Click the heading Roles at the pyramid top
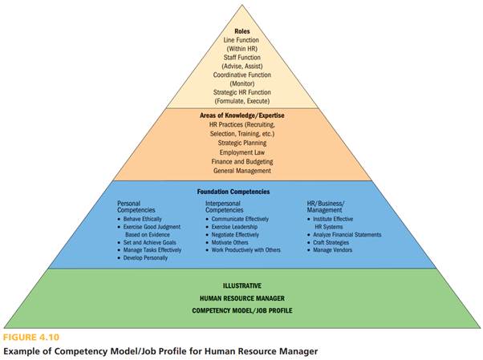tap(241, 31)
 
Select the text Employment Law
tap(241, 152)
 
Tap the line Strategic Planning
tap(241, 143)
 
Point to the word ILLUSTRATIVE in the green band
tap(241, 285)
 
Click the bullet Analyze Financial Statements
tap(347, 235)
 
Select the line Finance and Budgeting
tap(241, 161)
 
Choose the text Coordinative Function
tap(241, 75)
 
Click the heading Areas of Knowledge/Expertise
tap(241, 115)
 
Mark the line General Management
tap(241, 171)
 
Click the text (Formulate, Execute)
tap(241, 101)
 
